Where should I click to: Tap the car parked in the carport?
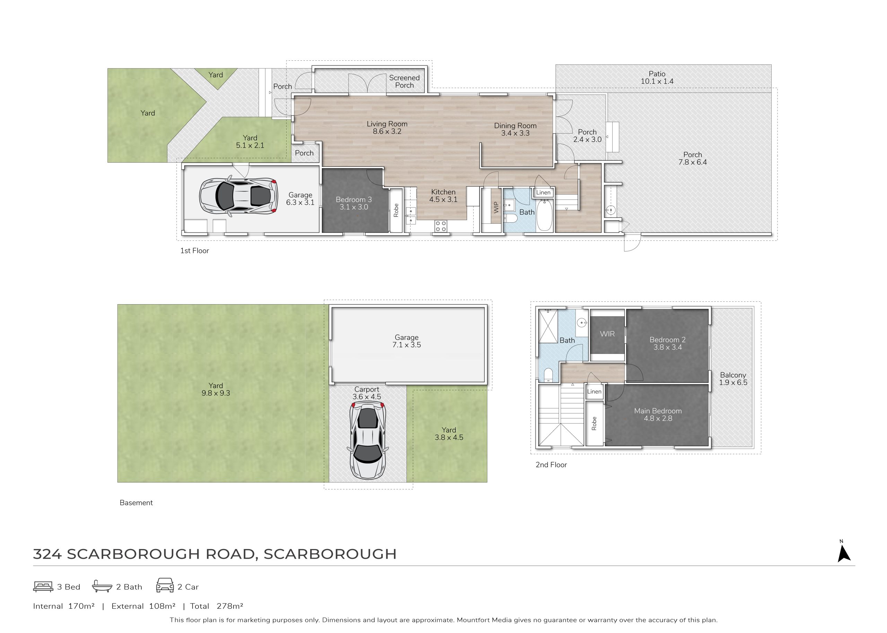[368, 441]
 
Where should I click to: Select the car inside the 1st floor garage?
[238, 196]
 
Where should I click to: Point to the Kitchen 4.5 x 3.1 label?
[443, 196]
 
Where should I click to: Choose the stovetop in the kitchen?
[441, 226]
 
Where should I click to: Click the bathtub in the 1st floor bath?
[544, 215]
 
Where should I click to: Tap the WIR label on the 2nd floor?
[607, 334]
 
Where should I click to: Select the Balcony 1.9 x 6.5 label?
[733, 379]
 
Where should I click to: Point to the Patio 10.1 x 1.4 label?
[657, 78]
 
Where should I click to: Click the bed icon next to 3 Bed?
[43, 587]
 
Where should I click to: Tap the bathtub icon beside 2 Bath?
[102, 586]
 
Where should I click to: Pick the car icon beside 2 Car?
[165, 585]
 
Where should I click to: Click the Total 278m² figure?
[217, 606]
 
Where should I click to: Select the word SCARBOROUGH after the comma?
[330, 554]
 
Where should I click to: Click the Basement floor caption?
[136, 503]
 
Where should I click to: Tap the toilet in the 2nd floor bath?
[548, 375]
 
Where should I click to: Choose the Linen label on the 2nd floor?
[594, 392]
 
